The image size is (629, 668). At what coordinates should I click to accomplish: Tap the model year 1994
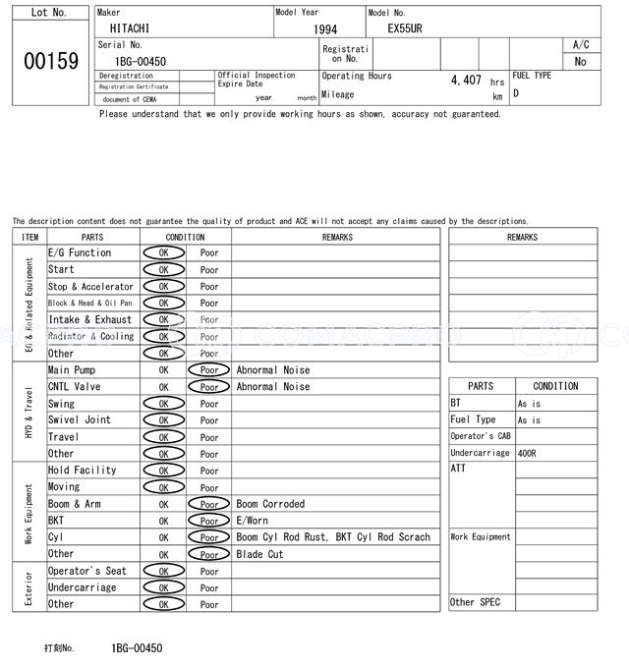325,29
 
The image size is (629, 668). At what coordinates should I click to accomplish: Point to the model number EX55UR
405,29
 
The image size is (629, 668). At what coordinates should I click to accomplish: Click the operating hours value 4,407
465,81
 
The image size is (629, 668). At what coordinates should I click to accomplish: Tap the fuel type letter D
516,94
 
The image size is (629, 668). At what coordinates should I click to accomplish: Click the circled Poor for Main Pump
208,370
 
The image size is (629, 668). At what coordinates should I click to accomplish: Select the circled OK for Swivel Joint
163,420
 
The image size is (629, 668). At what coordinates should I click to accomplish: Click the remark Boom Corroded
270,504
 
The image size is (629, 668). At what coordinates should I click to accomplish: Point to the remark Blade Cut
260,554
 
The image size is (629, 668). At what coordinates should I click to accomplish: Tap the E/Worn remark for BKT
253,521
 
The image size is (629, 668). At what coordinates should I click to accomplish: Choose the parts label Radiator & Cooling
90,336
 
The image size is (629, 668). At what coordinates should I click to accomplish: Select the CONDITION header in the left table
185,237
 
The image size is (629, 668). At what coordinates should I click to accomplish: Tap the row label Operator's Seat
87,571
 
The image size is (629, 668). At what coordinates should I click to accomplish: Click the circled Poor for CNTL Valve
208,387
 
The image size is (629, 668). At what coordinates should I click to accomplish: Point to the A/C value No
580,61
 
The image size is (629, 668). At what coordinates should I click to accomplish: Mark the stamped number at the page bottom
137,648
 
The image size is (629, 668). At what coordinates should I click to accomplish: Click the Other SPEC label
475,602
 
